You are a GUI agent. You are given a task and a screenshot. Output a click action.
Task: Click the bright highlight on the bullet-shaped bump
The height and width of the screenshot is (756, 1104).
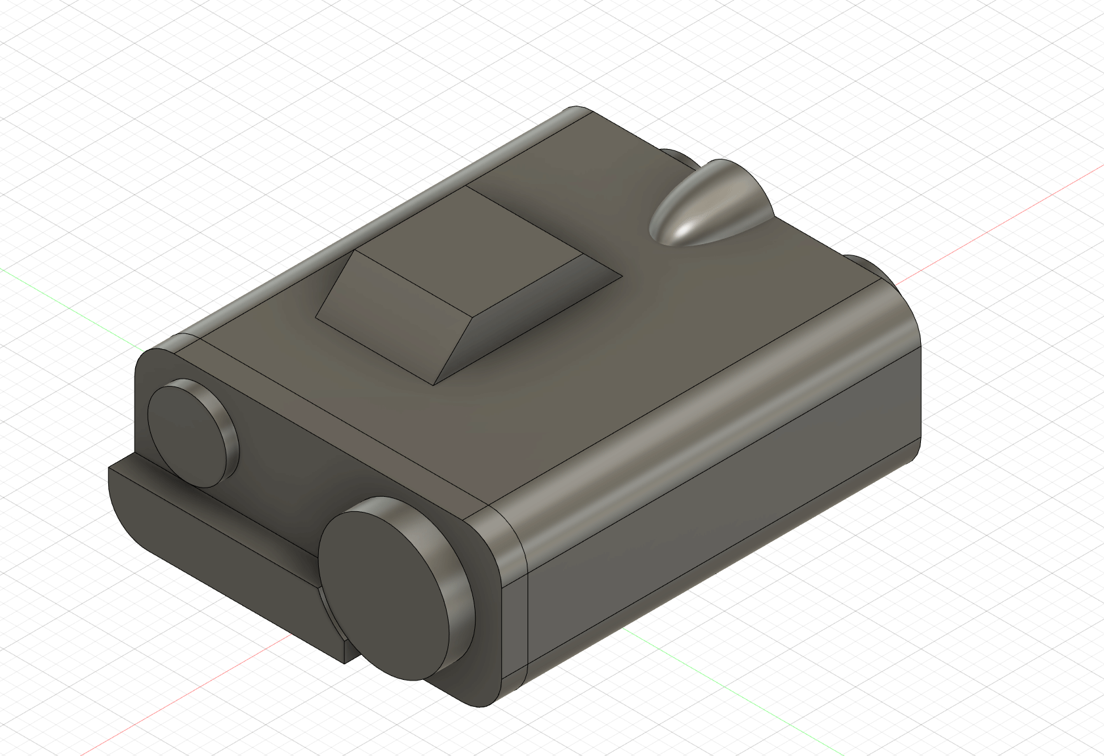[x=685, y=226]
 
